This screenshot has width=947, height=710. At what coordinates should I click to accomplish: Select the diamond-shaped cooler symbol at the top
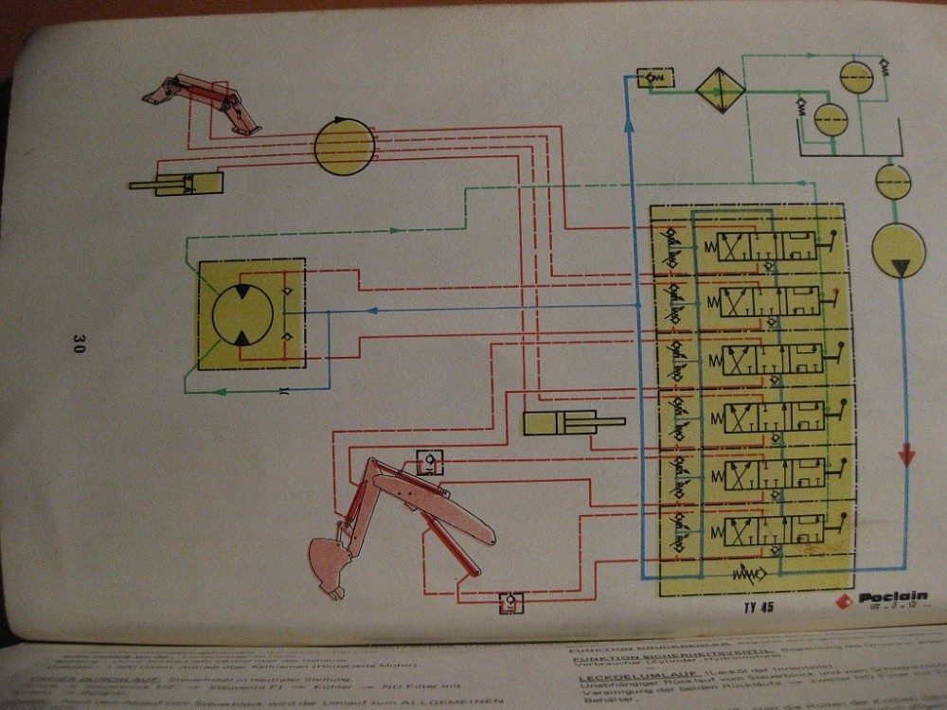coord(721,91)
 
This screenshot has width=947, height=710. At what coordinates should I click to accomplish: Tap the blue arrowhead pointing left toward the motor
coord(372,311)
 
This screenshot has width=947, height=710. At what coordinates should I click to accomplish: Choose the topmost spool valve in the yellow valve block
coord(767,248)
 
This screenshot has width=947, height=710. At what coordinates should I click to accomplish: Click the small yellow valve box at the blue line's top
coord(654,78)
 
